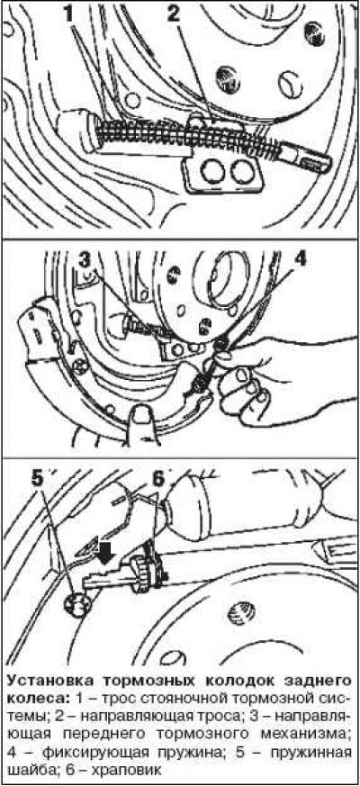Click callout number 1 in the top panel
point(68,14)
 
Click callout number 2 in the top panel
point(173,14)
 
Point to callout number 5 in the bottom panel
point(38,479)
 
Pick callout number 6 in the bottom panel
point(158,479)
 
